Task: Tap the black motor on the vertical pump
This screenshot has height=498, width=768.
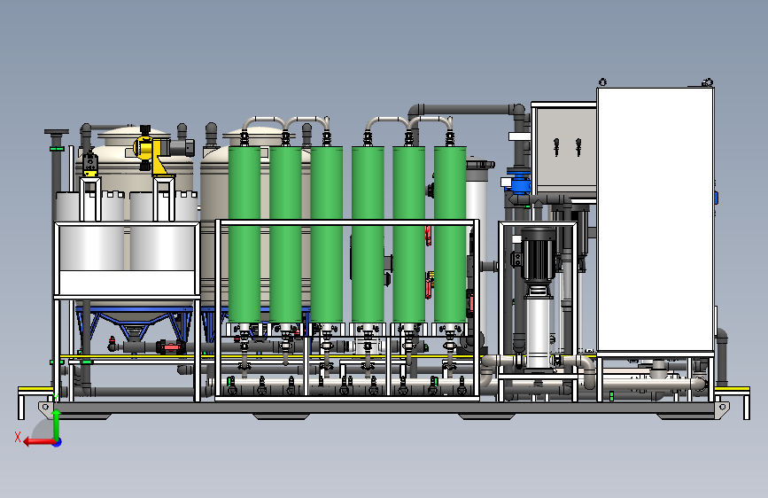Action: click(536, 253)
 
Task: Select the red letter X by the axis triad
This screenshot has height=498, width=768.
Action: click(18, 436)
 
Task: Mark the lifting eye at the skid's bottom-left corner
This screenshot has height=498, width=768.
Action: click(43, 406)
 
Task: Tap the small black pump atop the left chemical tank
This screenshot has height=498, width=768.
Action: click(89, 164)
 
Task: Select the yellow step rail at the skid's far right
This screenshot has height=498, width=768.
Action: click(734, 389)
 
